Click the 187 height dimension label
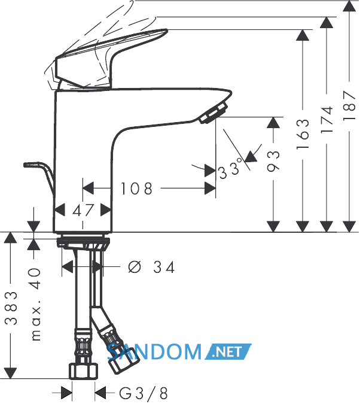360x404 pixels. coord(350,105)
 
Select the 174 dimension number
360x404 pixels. coord(327,119)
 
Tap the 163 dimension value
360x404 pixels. coord(303,134)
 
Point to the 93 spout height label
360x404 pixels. coord(273,161)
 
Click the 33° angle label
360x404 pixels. coord(230,169)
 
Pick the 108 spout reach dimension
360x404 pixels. coord(137,189)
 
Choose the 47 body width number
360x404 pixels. coord(83,210)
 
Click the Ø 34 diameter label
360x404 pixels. coord(152,267)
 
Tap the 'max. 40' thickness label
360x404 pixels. coord(35,305)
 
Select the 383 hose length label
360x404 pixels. coord(11,308)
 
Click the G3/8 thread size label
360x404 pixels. coord(144,393)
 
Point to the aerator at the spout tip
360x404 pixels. coord(213,113)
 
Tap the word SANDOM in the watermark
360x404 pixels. coord(154,352)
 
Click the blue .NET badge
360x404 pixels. coord(228,352)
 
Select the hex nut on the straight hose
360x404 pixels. coord(84,371)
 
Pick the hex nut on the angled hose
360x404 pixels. coord(121,361)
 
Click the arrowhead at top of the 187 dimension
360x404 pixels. coord(349,6)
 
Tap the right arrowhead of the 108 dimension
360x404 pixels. coord(210,189)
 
